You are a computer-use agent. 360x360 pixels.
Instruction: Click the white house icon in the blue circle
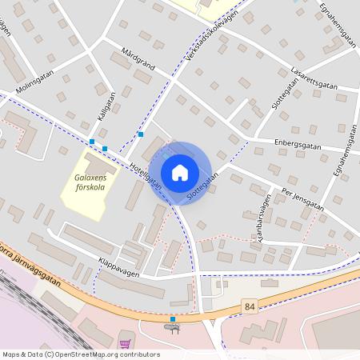pyautogui.click(x=180, y=172)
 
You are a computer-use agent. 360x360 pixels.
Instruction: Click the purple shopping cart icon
pyautogui.click(x=125, y=344)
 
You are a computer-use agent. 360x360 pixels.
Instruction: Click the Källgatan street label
pyautogui.click(x=106, y=105)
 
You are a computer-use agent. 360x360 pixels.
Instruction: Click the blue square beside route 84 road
pyautogui.click(x=173, y=318)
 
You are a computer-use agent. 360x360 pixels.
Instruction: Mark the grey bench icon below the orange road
pyautogui.click(x=171, y=327)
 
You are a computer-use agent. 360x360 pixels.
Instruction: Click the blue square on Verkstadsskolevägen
pyautogui.click(x=141, y=134)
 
